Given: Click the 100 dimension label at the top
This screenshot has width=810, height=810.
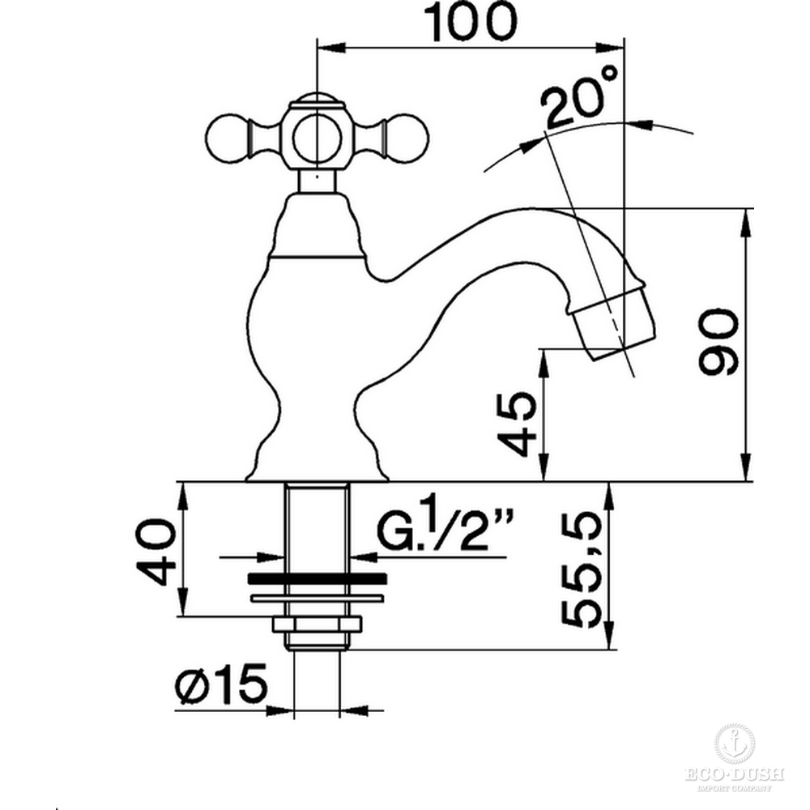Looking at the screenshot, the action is (470, 22).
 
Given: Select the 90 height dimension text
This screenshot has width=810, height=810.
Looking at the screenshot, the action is (718, 342).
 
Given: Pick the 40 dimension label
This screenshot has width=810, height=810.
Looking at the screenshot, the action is (156, 552).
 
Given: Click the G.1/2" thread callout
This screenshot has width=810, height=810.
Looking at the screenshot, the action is (446, 524).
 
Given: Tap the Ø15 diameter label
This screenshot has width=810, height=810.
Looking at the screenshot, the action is (221, 684).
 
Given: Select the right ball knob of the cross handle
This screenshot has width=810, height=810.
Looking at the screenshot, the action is (407, 139).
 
